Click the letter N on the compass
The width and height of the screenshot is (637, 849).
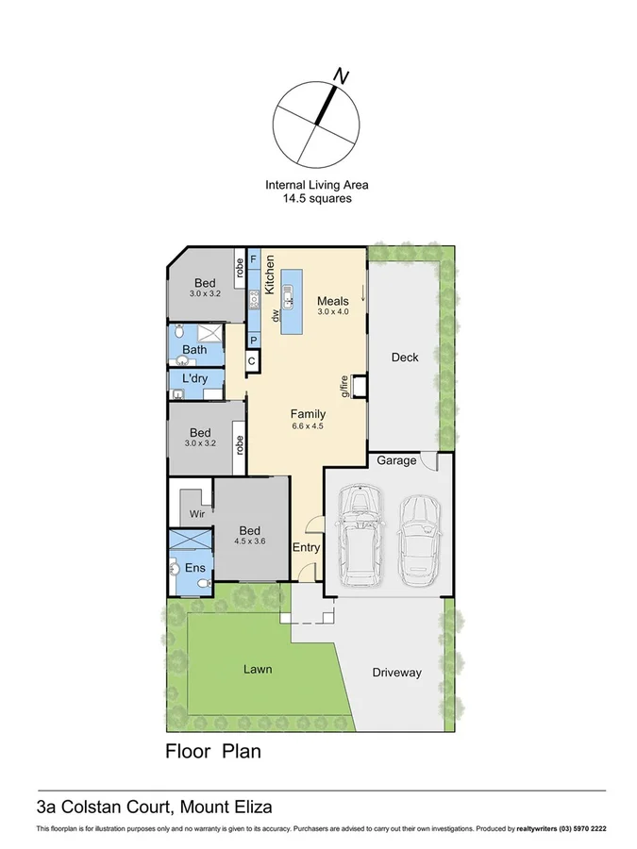(343, 75)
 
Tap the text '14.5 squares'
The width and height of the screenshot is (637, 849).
(316, 199)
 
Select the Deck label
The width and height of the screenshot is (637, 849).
(405, 357)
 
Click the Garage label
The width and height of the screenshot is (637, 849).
(396, 461)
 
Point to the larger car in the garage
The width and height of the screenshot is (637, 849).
(359, 534)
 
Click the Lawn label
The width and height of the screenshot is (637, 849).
(258, 670)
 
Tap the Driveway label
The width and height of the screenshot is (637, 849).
(396, 673)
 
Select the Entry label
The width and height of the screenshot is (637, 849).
(306, 547)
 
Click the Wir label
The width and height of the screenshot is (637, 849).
(197, 514)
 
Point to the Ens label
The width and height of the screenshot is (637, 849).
(195, 568)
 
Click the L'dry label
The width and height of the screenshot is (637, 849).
(194, 379)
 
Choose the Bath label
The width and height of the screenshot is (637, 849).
(194, 350)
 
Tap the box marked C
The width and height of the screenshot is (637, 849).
(253, 360)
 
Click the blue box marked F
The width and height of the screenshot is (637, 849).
(254, 258)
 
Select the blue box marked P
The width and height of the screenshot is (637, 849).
(254, 340)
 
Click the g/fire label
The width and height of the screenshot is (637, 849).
(345, 387)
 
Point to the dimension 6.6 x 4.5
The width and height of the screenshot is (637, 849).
(308, 426)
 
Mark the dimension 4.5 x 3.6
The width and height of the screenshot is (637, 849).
(250, 541)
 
